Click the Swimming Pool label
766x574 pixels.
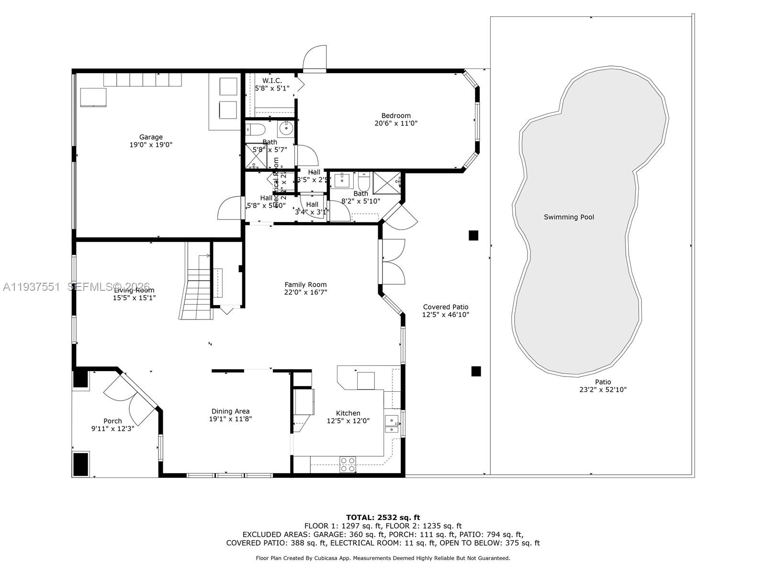point(569,217)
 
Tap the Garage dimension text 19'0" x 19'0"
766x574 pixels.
point(151,145)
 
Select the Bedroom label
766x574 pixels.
point(396,115)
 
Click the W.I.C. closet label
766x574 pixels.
point(272,80)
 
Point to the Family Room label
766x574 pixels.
point(305,285)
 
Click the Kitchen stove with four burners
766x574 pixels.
point(348,464)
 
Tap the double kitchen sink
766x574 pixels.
point(392,424)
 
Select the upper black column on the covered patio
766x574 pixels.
point(473,235)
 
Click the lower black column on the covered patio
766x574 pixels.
point(476,371)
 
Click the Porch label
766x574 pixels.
point(113,421)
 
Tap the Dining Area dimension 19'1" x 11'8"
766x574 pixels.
point(230,419)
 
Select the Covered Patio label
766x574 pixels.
point(446,307)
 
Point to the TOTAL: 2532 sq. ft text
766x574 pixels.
point(383,517)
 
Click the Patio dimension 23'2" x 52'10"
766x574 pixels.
point(603,390)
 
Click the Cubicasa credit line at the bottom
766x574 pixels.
point(383,558)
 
